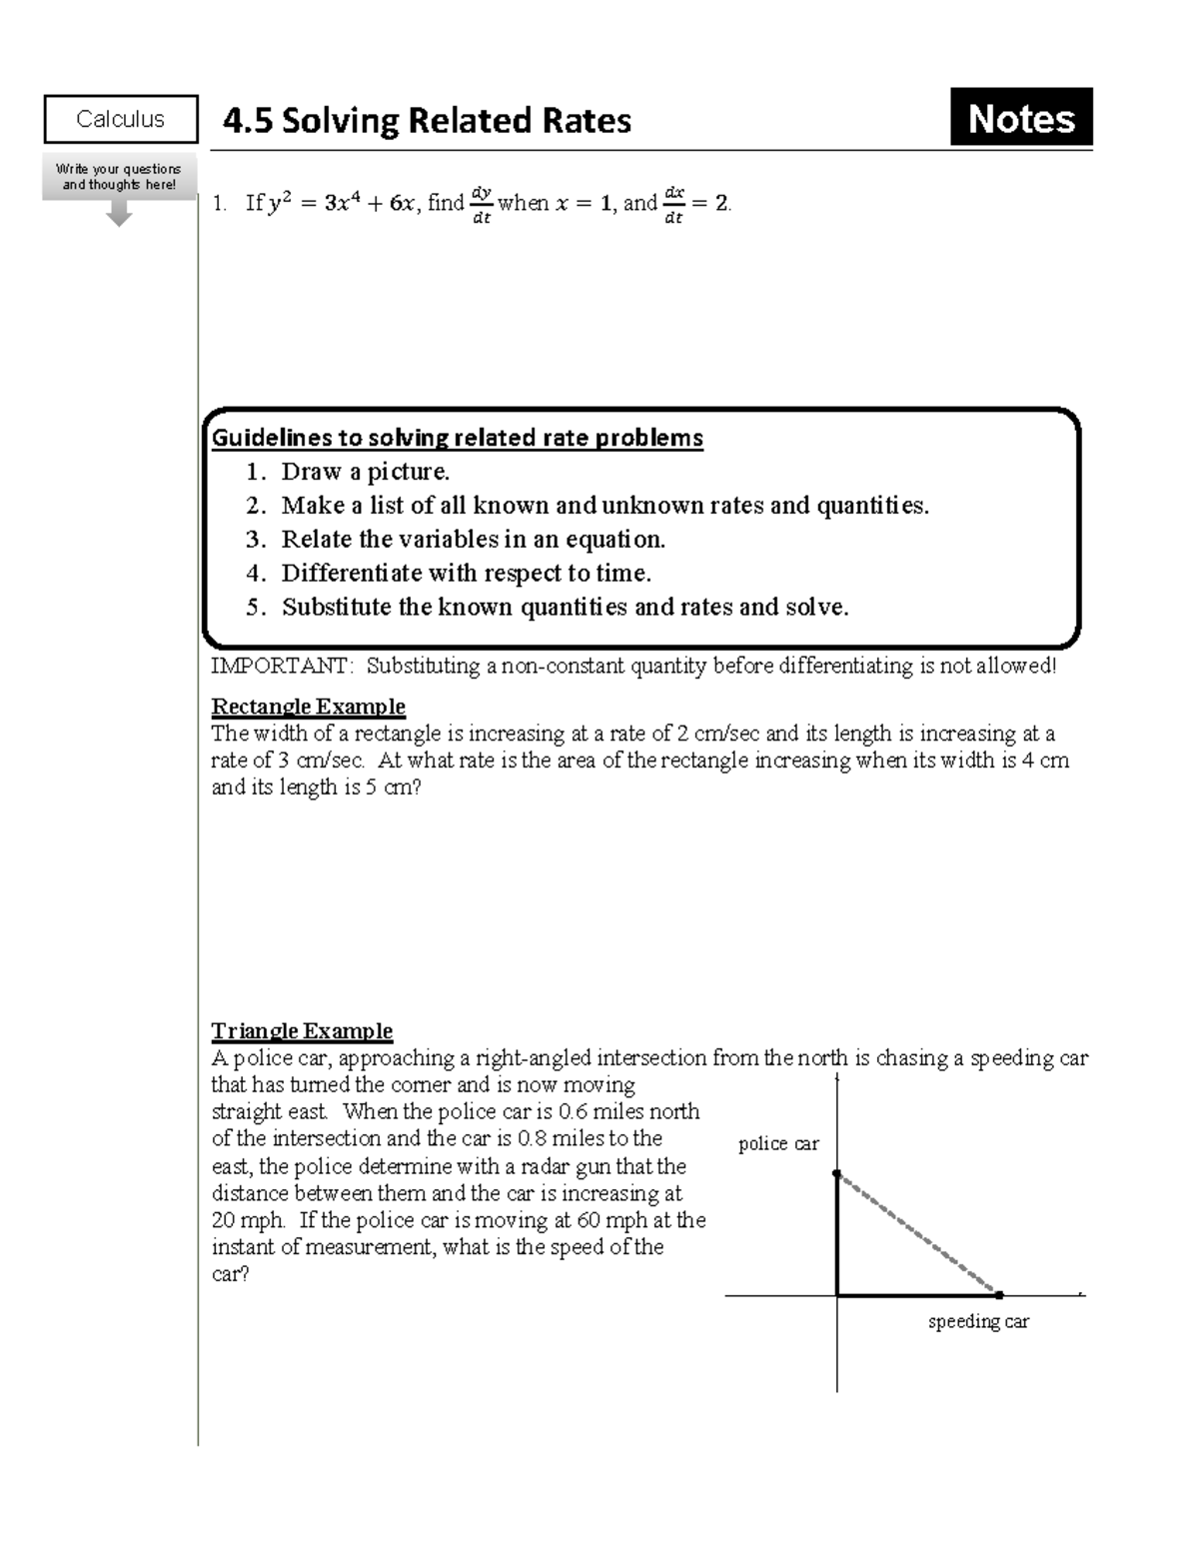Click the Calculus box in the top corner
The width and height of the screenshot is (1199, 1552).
coord(120,119)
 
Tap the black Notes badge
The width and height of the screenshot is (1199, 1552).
coord(1020,118)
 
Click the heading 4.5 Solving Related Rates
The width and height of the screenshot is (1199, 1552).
coord(427,121)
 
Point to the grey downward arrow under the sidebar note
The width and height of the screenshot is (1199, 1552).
coord(119,214)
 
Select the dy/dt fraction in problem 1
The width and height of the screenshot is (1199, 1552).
coord(482,204)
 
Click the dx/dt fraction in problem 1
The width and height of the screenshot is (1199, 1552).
coord(673,204)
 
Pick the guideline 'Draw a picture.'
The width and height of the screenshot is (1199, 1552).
coord(365,472)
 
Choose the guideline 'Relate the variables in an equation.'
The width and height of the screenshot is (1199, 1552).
coord(473,540)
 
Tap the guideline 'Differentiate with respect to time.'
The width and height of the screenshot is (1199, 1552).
coord(466,574)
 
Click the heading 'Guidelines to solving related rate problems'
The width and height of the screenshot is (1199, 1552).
coord(457,438)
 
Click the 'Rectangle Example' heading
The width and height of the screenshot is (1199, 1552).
coord(308,707)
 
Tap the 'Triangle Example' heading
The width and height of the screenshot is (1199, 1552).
coord(302,1030)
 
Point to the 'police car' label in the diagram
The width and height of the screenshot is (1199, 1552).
coord(778,1144)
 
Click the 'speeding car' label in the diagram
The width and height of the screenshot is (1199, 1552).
coord(977,1321)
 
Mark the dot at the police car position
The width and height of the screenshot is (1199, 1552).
coord(837,1174)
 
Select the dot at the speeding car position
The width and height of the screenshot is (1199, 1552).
coord(999,1295)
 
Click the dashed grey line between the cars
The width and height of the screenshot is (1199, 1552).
coord(917,1234)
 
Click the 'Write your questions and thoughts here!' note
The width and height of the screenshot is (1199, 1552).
coord(119,177)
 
